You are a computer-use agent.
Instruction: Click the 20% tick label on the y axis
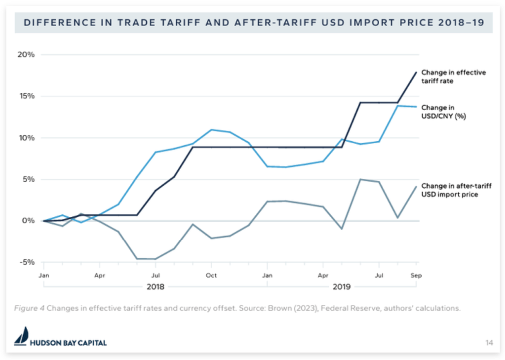coord(27,54)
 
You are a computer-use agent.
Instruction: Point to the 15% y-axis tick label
coord(27,96)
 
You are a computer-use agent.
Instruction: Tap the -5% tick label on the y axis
coord(27,262)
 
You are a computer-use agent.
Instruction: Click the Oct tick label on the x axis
coord(211,275)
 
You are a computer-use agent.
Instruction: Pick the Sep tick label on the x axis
coord(417,275)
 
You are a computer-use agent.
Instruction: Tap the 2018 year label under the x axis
coord(155,286)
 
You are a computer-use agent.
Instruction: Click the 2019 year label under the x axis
coord(342,286)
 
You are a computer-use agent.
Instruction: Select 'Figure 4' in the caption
coord(29,308)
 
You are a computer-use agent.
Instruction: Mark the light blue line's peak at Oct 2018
coord(211,130)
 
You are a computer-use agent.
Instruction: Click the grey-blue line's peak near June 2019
coord(360,179)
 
